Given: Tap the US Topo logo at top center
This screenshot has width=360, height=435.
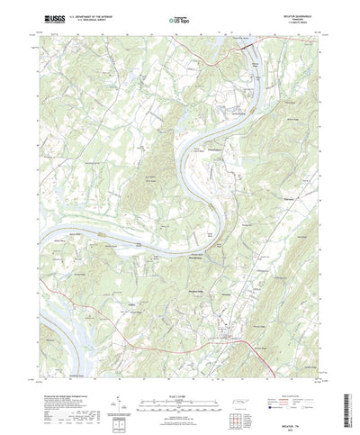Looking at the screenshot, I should [178, 16].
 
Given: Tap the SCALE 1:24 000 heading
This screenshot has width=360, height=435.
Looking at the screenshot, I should [179, 367].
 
